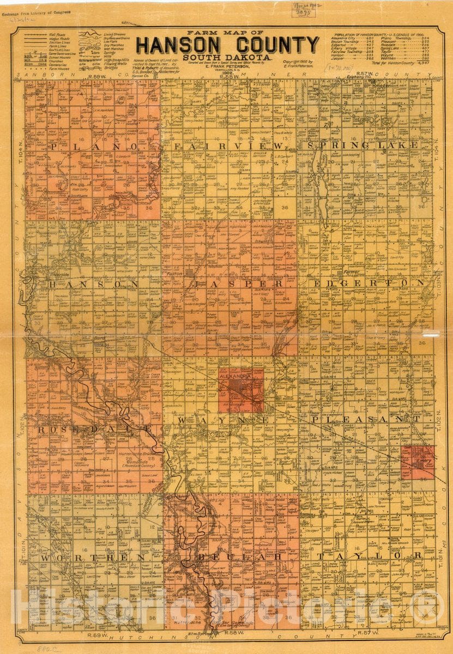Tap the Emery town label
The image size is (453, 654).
point(424,461)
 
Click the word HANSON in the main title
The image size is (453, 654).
point(171,45)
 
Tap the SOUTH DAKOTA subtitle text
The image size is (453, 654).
point(227,57)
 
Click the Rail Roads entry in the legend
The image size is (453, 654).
point(57,34)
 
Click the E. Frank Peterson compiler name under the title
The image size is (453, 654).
point(227,66)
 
